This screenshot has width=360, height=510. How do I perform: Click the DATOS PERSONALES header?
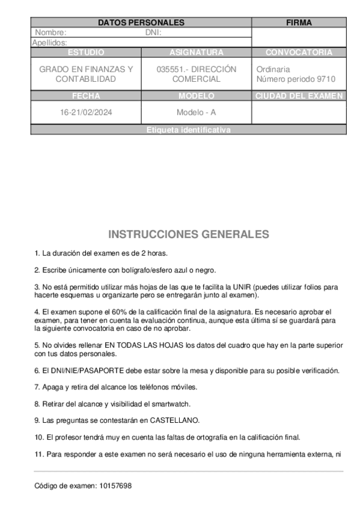pos(141,23)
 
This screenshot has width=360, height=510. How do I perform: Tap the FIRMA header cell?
pos(299,23)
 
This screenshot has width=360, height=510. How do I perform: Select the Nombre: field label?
pos(50,32)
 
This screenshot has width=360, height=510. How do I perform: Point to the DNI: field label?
pos(153,32)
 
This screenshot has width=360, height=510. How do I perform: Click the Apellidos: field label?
pos(49,43)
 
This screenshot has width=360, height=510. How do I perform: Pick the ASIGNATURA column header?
pos(196,52)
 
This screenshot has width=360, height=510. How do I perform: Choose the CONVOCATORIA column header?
pos(299,52)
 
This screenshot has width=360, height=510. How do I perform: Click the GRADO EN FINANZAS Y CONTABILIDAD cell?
pos(86,74)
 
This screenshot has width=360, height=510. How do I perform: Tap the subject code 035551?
pos(170,69)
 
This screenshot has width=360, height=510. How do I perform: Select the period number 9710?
pos(325,79)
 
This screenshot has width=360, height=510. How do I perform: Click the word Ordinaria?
pos(273,69)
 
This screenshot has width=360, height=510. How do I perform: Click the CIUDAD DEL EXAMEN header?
pos(299,96)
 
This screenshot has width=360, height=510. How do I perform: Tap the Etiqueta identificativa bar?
pos(188,130)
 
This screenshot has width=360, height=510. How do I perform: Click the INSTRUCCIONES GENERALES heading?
pos(188,234)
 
